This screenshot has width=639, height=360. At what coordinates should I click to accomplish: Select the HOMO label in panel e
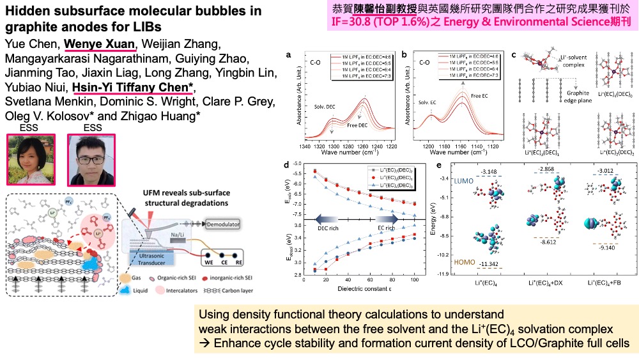click(x=460, y=261)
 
